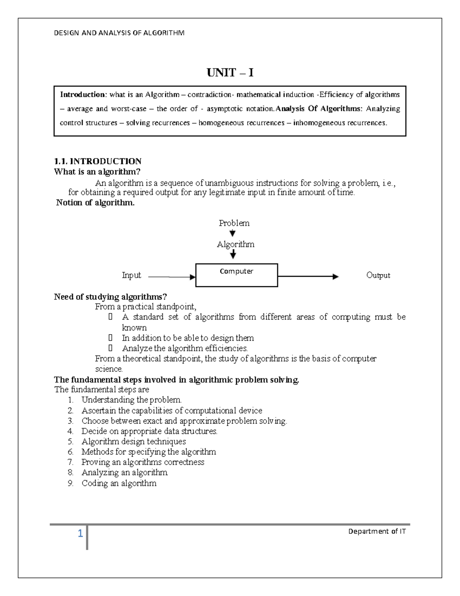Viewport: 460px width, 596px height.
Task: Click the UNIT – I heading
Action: pos(230,73)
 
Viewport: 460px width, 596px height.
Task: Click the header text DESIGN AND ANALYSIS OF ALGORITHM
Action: pos(119,33)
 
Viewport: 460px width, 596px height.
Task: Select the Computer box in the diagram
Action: pos(237,275)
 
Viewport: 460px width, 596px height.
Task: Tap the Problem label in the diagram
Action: pos(234,223)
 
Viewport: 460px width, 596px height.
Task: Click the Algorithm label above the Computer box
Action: pos(235,244)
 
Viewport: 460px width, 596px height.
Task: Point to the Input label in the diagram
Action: pos(131,275)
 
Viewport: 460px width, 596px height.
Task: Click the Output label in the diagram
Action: pos(378,275)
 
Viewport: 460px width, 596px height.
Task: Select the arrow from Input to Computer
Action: pos(171,277)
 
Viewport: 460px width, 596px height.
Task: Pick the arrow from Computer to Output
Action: pos(308,276)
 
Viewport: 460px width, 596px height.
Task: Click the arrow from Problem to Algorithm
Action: pos(233,233)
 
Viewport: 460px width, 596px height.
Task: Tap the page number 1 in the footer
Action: pos(80,533)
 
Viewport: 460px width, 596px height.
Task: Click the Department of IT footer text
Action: pos(377,532)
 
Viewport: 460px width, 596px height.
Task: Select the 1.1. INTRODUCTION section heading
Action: pos(98,161)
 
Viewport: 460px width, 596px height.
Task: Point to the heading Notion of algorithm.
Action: pos(95,203)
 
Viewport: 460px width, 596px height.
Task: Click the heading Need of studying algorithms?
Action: pos(110,297)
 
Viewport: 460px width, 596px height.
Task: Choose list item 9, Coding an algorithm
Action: pos(119,483)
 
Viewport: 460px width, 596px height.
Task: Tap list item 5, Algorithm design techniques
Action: pos(133,441)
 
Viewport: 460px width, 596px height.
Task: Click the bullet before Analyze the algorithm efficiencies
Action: pos(111,348)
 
